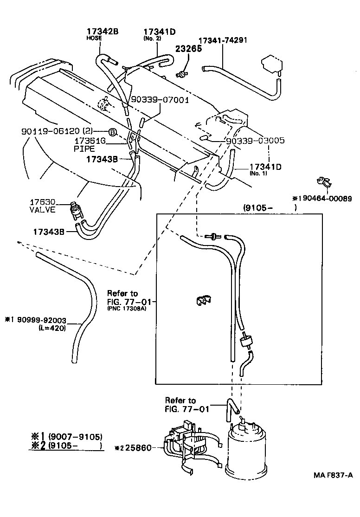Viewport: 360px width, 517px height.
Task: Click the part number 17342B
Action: [x=103, y=32]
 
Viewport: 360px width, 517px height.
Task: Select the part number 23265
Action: [x=188, y=48]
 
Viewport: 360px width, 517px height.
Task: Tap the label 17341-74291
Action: [x=223, y=40]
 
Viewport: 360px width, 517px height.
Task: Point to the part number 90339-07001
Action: [x=160, y=99]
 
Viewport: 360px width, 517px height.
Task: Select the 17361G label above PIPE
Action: [x=91, y=141]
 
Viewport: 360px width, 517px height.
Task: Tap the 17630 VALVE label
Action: [x=43, y=206]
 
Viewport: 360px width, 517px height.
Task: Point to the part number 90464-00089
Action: [x=325, y=199]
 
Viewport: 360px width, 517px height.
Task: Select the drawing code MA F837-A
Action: [x=333, y=475]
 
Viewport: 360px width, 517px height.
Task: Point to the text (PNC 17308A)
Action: [x=126, y=309]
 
